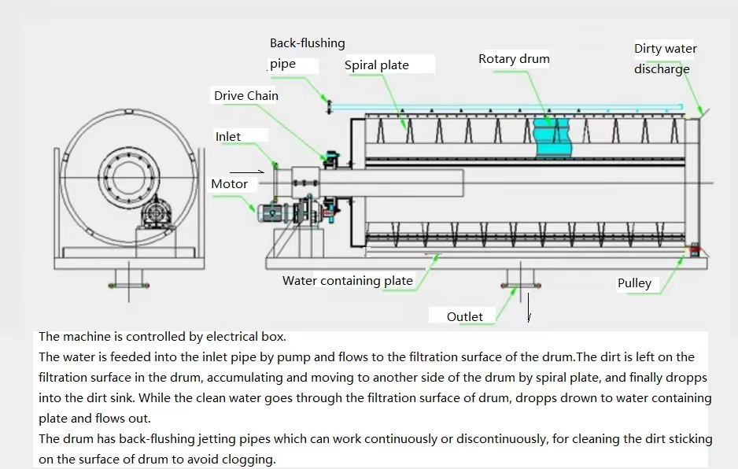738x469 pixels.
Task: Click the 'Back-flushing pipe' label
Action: tap(307, 54)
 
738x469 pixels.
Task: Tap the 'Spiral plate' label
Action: tap(377, 65)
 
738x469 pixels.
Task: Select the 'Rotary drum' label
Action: tap(514, 59)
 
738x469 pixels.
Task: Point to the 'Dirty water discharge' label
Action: tap(665, 59)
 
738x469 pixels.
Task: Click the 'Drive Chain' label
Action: tap(246, 96)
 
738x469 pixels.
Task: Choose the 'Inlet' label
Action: tap(228, 137)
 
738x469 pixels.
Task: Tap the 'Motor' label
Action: tap(229, 184)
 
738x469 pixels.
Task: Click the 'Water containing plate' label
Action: tap(348, 281)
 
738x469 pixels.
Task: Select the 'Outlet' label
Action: tap(464, 316)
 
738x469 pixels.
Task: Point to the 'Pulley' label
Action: tap(634, 283)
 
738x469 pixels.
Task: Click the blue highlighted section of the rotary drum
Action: tap(554, 138)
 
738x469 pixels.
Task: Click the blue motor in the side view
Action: tap(276, 212)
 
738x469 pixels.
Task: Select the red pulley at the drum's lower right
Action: tap(695, 249)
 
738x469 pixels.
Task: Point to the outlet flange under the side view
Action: tap(518, 277)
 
